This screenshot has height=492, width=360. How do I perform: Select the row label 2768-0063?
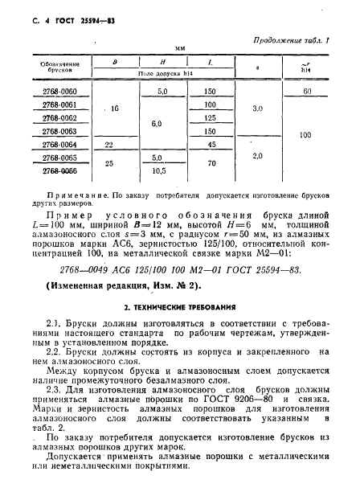pyautogui.click(x=58, y=130)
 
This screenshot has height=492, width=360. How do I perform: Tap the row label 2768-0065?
pyautogui.click(x=58, y=158)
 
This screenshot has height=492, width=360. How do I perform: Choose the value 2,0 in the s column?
pyautogui.click(x=258, y=155)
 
